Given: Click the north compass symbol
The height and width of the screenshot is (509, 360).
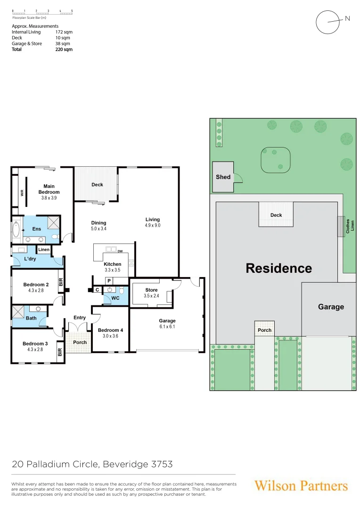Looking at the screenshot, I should coord(328,22).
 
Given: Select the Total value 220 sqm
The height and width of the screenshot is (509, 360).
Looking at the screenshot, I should coord(64,49).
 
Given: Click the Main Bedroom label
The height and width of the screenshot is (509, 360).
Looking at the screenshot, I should coord(49,189).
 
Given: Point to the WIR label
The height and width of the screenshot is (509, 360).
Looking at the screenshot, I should coord(22,192).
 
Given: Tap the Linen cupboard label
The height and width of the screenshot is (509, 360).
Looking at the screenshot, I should coord(44,249).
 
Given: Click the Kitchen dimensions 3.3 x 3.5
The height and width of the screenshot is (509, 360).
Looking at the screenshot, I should coord(113,270).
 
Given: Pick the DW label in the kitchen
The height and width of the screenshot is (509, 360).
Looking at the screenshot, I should coord(120,251).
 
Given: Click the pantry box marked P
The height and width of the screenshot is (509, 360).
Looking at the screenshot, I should coord(109,280).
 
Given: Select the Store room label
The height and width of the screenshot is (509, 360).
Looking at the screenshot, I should coord(151,290).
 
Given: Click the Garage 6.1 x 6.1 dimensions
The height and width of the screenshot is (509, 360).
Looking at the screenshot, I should coord(167,327).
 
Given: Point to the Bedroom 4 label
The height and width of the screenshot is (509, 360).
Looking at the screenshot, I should coord(110,330).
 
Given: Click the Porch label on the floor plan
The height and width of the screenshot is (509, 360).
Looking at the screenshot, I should coord(80,342).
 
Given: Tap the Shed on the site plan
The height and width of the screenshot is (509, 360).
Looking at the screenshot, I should coord(223,177).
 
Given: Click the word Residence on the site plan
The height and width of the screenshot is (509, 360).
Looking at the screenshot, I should coord(278,268).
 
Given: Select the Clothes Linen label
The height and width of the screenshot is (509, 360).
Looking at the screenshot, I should coord(350,226).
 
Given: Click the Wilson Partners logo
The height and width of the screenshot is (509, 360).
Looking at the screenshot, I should coord(301,486).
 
